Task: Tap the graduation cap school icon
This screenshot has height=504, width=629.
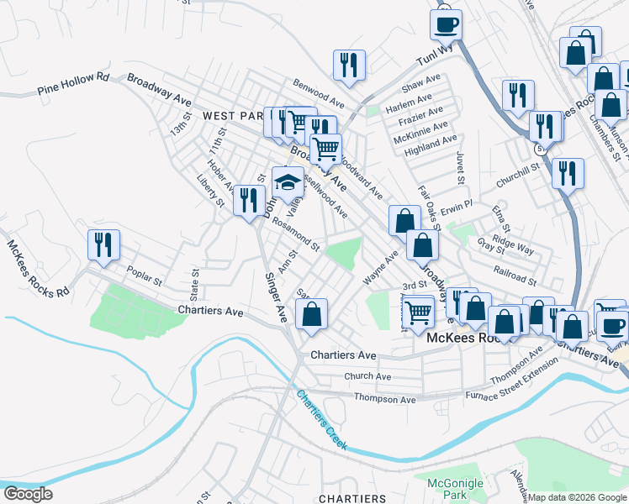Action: point(288,183)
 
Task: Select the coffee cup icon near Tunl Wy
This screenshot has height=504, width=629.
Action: point(447,24)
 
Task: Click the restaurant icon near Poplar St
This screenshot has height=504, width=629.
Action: point(104,244)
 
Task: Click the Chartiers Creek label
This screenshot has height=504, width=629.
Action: point(321,419)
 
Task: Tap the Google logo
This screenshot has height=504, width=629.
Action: point(29,494)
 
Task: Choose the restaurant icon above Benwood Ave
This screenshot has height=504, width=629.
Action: point(347,65)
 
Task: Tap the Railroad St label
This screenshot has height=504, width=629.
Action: point(515,278)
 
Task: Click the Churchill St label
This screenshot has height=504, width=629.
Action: point(517,170)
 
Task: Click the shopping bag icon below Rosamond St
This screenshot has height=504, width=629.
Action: point(312,315)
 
